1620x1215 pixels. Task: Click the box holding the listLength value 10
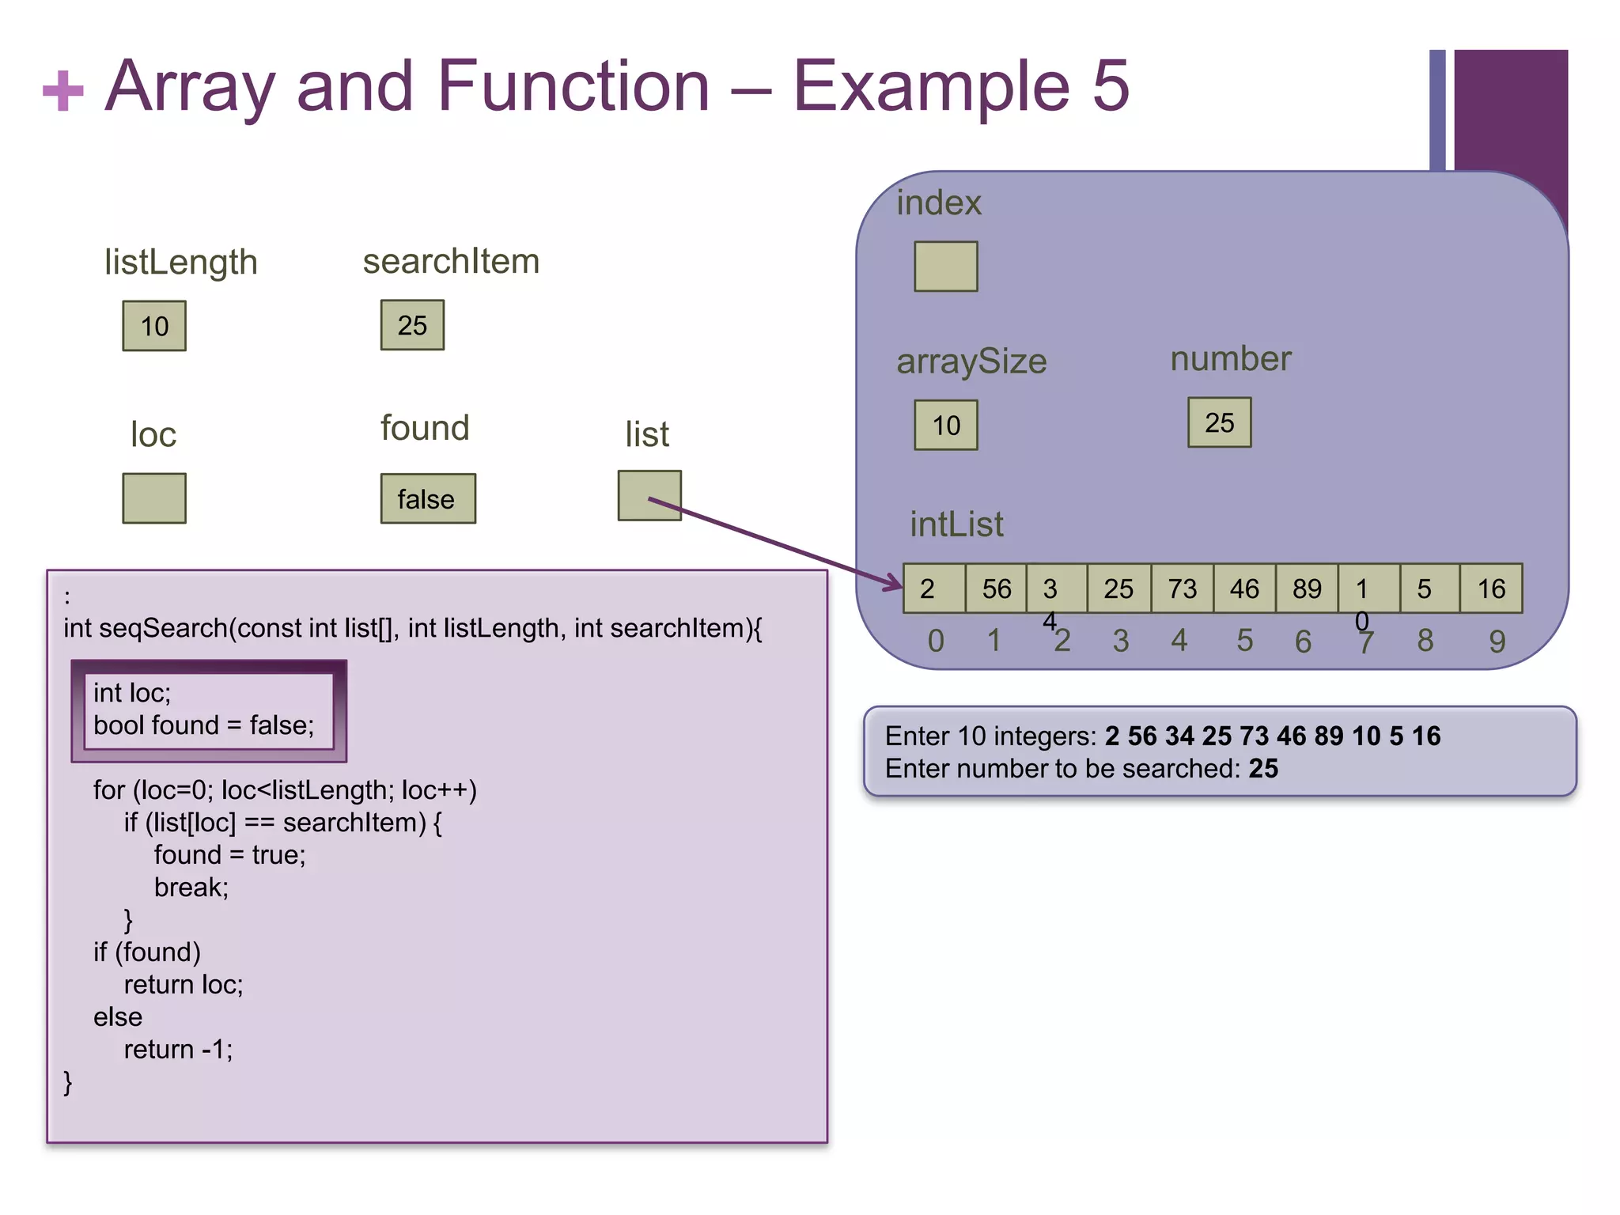[154, 326]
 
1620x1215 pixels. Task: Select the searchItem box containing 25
[412, 325]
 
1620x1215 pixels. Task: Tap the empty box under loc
[154, 498]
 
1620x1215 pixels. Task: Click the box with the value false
[428, 498]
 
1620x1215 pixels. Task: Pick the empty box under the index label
[945, 267]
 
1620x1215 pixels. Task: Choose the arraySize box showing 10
[945, 425]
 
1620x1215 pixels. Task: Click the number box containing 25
[1219, 422]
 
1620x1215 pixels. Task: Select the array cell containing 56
[996, 589]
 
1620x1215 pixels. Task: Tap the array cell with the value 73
[1182, 589]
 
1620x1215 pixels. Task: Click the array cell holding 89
[1307, 589]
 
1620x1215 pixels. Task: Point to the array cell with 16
[1491, 589]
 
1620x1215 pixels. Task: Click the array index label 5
[1244, 640]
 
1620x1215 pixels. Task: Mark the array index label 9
[1497, 641]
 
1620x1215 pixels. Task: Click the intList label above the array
[956, 524]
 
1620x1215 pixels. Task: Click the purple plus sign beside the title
[63, 90]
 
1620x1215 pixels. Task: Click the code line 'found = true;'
[229, 855]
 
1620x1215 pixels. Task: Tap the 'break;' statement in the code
[191, 888]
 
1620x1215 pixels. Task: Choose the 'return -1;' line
[178, 1049]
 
